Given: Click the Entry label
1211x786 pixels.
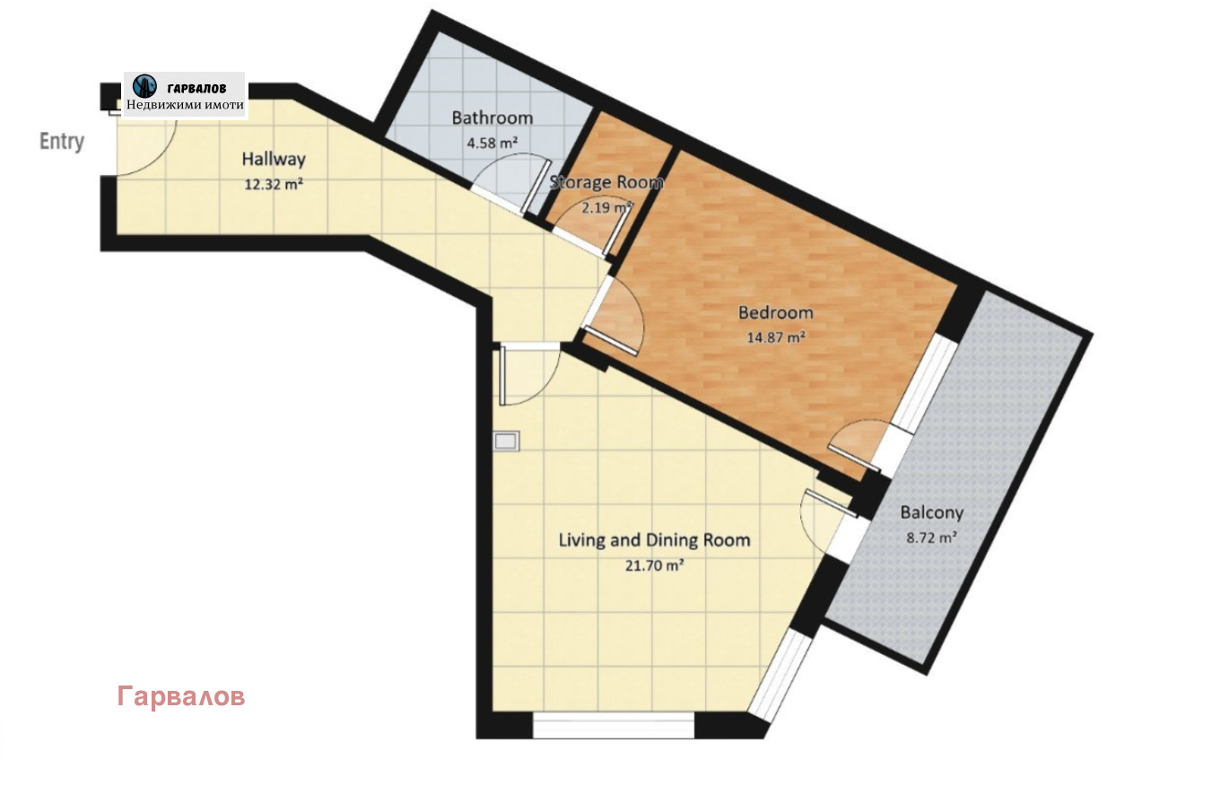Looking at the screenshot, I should [x=62, y=141].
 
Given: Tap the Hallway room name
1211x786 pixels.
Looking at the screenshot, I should [x=274, y=160].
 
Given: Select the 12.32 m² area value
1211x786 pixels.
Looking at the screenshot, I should [x=274, y=185].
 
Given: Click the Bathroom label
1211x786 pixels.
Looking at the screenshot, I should [x=492, y=118].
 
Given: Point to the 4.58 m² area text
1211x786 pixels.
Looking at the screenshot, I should [x=492, y=142].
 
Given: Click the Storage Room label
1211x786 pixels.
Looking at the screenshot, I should [x=606, y=182].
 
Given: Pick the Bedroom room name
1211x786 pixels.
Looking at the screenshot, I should [x=775, y=312].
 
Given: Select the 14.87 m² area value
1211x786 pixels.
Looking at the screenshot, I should [x=775, y=337].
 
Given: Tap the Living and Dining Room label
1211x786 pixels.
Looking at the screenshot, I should [x=654, y=540].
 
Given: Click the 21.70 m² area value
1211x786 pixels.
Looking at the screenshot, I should [x=654, y=565].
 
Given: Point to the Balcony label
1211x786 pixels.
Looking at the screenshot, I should [x=931, y=513].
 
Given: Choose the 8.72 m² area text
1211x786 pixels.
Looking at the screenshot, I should [x=931, y=538].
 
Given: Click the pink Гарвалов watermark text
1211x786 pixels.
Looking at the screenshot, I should [x=180, y=696].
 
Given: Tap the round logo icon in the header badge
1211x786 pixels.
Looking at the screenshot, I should [x=144, y=86].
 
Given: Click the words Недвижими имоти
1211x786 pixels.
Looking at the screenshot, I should [x=185, y=105].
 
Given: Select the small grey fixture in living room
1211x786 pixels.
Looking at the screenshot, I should [x=506, y=441].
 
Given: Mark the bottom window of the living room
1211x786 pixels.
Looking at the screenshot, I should [x=614, y=725].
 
